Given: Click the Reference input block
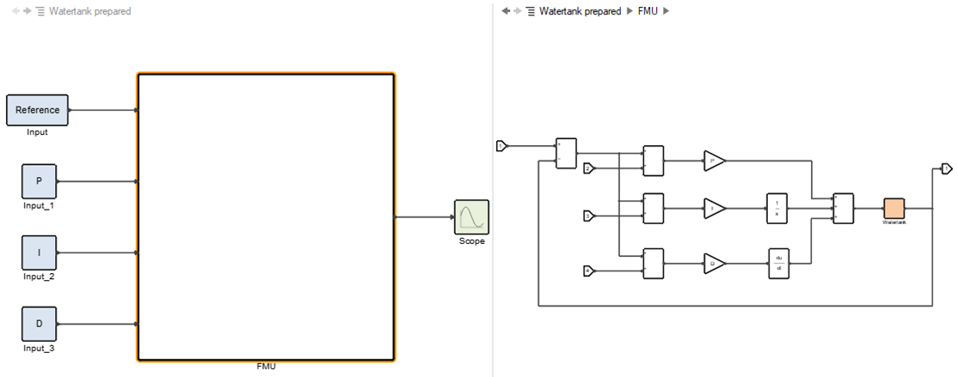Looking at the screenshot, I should [37, 110].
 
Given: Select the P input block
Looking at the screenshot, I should [39, 181].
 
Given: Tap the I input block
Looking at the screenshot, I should [39, 252].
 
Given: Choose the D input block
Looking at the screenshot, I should [39, 324].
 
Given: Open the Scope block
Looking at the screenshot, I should [471, 216].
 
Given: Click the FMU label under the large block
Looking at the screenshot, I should [266, 367].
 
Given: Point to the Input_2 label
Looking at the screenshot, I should [38, 277].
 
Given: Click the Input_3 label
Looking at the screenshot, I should [38, 348].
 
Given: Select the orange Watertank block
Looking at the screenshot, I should [894, 209].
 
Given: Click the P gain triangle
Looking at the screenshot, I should [713, 160].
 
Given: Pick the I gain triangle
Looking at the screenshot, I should [713, 208].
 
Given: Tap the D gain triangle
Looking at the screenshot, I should [713, 264].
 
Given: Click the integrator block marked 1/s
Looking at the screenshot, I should [777, 208].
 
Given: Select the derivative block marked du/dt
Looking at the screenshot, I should [778, 264].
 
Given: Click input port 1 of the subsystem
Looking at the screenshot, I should [501, 146].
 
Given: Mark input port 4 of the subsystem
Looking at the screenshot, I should [589, 271].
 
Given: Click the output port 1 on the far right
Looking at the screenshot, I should [946, 167].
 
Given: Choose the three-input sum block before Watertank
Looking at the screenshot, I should [844, 208].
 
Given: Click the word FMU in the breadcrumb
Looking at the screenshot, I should [648, 11].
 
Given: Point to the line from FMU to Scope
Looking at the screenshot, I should [425, 216].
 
